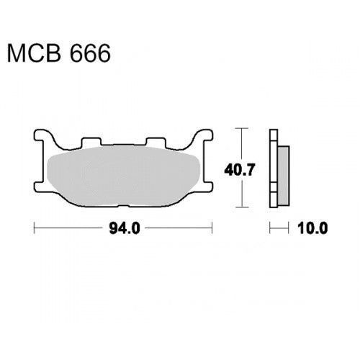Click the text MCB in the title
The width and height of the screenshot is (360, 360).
[x=34, y=53]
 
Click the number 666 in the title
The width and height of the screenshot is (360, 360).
[x=90, y=53]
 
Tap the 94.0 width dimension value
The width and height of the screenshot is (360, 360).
[x=125, y=228]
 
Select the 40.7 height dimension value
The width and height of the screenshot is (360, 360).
[x=239, y=170]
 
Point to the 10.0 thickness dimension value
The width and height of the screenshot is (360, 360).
[x=312, y=228]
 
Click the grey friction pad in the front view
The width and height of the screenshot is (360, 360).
[x=124, y=176]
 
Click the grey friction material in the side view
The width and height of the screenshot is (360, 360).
[x=284, y=176]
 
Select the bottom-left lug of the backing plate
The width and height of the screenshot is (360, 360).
[x=40, y=186]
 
